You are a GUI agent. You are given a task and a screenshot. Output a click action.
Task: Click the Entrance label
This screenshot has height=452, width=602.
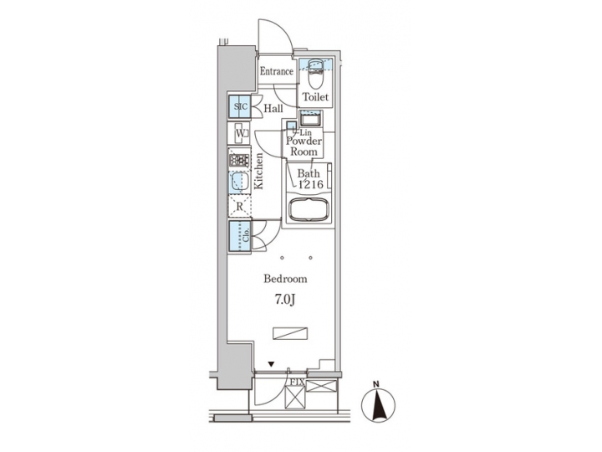click(x=276, y=72)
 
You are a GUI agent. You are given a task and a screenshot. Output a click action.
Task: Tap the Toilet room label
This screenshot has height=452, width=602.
click(x=316, y=98)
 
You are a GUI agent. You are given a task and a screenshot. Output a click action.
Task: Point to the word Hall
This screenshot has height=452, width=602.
click(x=273, y=109)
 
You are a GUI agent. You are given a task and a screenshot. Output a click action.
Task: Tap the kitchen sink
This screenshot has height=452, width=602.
click(x=239, y=182)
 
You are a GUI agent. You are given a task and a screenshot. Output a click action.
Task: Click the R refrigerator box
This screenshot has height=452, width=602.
click(x=240, y=206)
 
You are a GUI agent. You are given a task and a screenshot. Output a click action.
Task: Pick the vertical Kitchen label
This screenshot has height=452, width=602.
click(x=261, y=173)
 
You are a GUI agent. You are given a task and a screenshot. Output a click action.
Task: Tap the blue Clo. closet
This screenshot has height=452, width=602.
click(x=241, y=234)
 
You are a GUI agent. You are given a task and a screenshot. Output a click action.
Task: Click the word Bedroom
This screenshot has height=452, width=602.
click(x=285, y=279)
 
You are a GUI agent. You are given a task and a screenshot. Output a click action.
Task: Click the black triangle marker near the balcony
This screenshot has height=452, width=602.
click(x=272, y=364)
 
